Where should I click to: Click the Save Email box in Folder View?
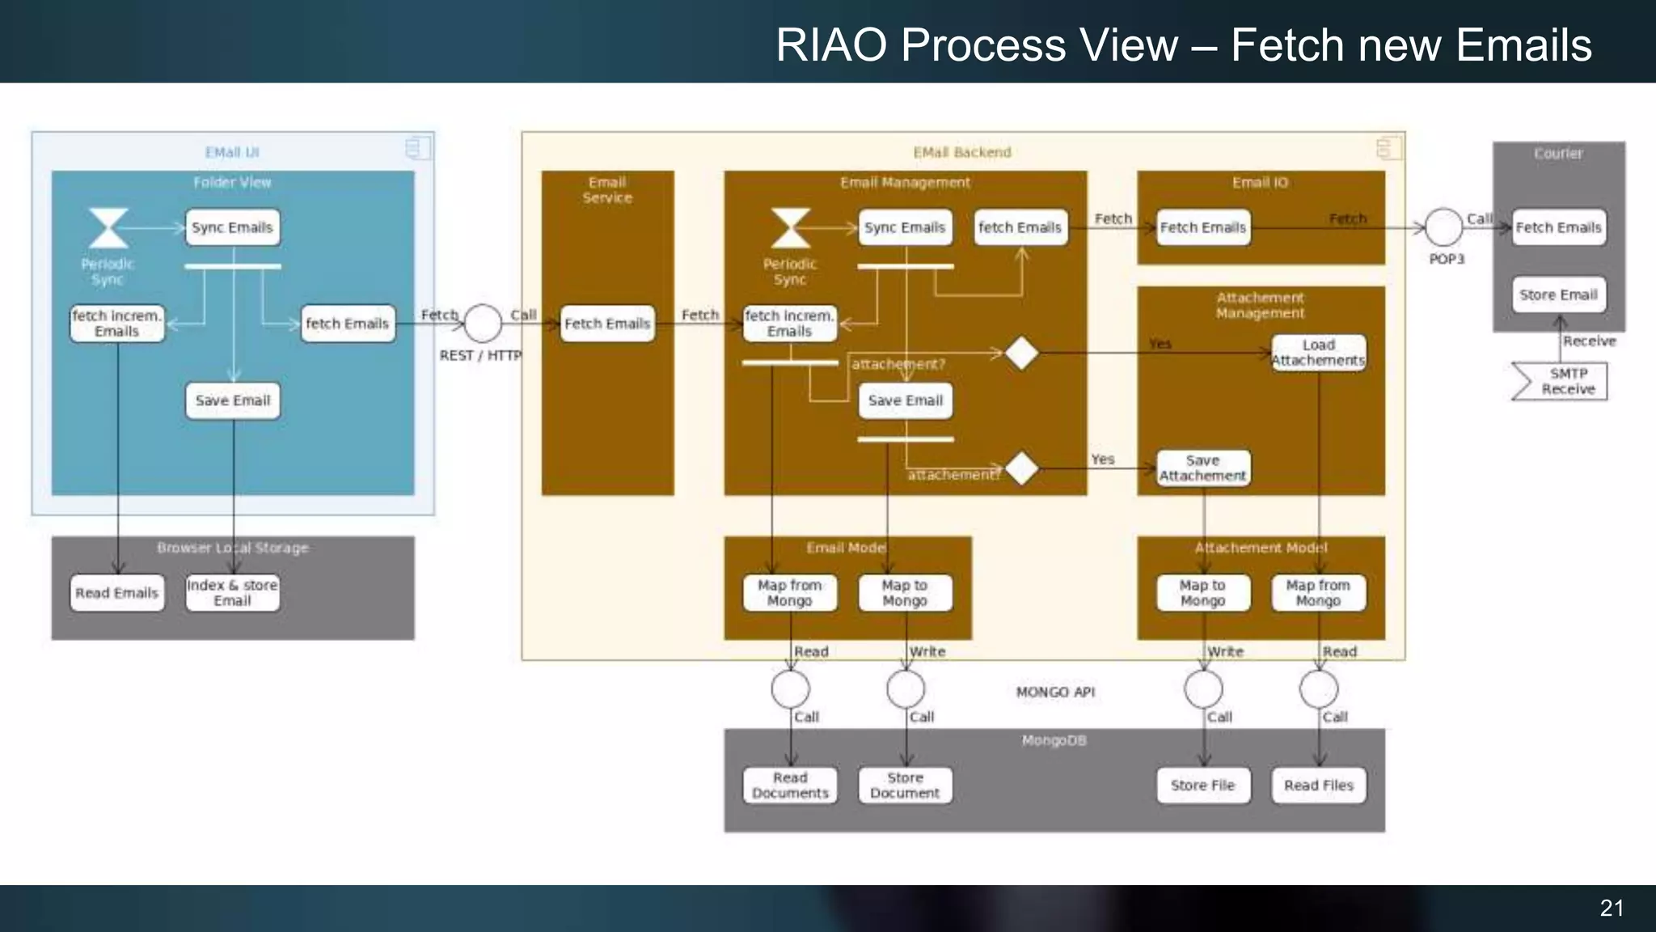(233, 400)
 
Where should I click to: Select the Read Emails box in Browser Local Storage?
(117, 593)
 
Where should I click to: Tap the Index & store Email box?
(233, 593)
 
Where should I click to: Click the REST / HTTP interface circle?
(483, 324)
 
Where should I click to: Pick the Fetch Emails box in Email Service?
(607, 324)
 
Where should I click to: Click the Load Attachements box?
(1318, 353)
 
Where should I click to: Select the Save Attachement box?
(1203, 468)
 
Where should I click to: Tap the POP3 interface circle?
(1443, 227)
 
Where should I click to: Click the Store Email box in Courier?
(1558, 294)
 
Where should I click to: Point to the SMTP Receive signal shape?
(1561, 381)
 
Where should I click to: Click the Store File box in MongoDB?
(1203, 786)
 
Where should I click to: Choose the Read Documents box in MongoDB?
(790, 786)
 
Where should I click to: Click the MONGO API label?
(1055, 693)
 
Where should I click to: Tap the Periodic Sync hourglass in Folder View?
(108, 227)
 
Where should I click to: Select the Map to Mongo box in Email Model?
(905, 593)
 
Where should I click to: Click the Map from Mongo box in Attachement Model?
(1318, 593)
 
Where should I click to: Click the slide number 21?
(1612, 908)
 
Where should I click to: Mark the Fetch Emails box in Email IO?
(1203, 227)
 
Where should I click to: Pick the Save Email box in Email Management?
(905, 400)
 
